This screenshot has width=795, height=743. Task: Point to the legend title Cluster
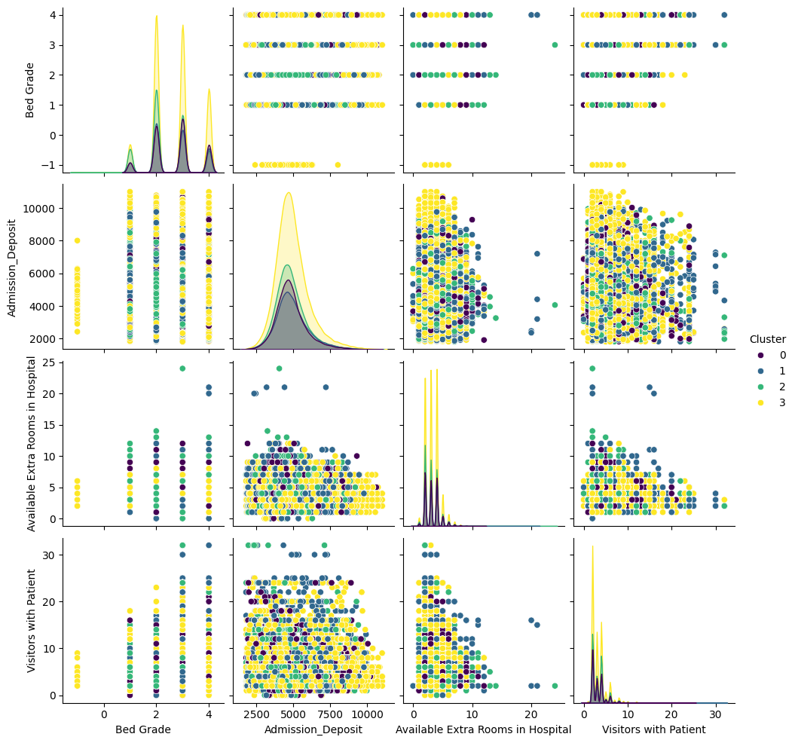tap(767, 339)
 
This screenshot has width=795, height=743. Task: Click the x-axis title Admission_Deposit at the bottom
tap(313, 729)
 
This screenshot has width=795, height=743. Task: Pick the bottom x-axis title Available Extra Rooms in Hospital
tap(483, 729)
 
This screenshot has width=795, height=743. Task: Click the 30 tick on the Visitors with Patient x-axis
tap(715, 714)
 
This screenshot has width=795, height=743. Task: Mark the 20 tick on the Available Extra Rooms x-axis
tap(531, 714)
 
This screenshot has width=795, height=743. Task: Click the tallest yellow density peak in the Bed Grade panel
tap(156, 17)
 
